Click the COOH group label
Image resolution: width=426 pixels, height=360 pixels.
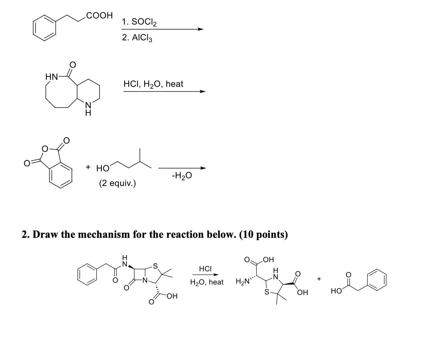99,15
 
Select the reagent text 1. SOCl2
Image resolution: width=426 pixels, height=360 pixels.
139,22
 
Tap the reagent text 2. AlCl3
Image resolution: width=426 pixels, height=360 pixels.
137,38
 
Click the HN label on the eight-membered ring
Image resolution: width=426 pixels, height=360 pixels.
52,78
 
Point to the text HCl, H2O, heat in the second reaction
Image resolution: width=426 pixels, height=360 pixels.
153,84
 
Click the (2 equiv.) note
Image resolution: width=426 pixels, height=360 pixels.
117,183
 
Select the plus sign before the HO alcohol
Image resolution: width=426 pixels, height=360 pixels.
88,167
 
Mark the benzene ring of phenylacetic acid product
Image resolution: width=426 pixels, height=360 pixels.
376,280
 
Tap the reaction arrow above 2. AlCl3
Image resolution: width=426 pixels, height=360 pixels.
162,29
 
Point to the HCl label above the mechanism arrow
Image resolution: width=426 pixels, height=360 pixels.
205,269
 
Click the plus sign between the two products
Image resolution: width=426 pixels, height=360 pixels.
319,279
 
